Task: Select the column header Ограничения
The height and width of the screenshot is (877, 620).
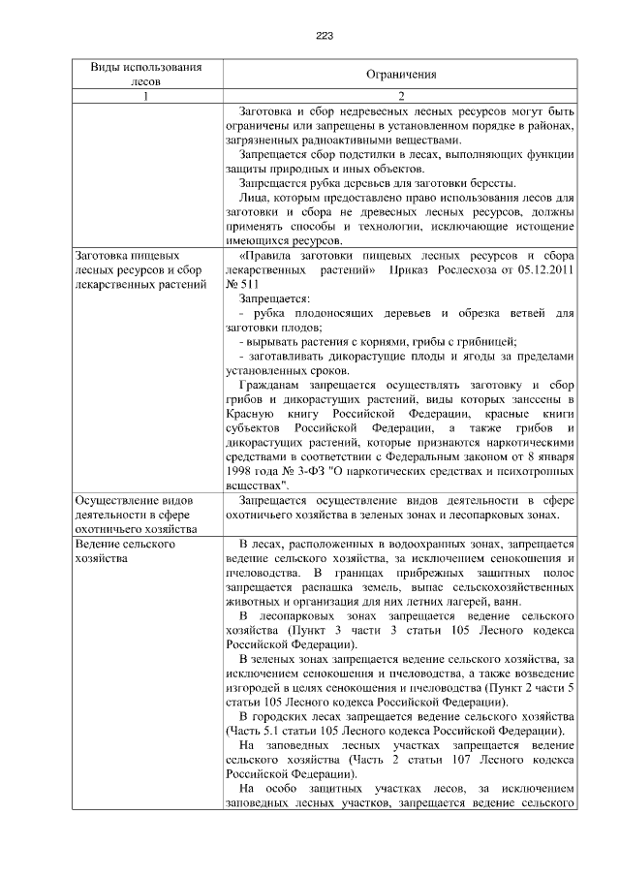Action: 401,75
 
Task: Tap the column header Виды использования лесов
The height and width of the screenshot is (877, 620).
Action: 146,75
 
